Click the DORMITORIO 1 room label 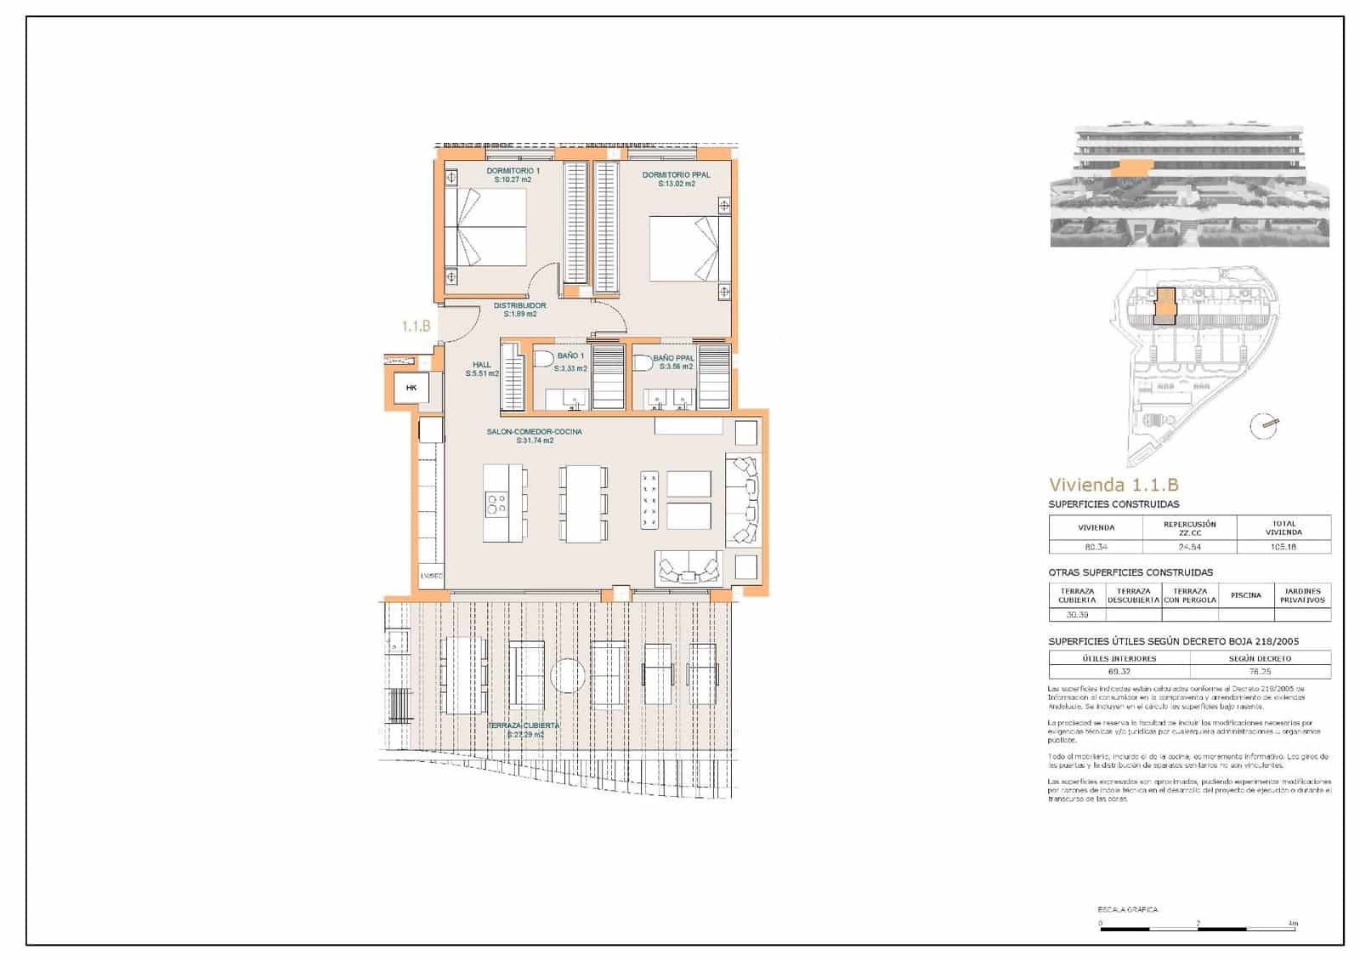(513, 171)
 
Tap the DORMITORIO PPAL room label (676, 175)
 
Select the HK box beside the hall (412, 389)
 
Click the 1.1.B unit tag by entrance (416, 326)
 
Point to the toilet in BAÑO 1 (542, 360)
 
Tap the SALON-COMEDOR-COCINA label (534, 432)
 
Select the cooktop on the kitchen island (496, 503)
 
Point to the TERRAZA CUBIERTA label (523, 725)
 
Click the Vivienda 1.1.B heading (1113, 485)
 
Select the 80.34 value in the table (1096, 547)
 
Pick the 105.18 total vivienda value (1283, 547)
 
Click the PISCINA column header (1245, 595)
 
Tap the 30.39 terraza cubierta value (1076, 614)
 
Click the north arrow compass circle (1264, 425)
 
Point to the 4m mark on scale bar (1293, 923)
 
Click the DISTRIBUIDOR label (519, 305)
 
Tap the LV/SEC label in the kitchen (431, 576)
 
